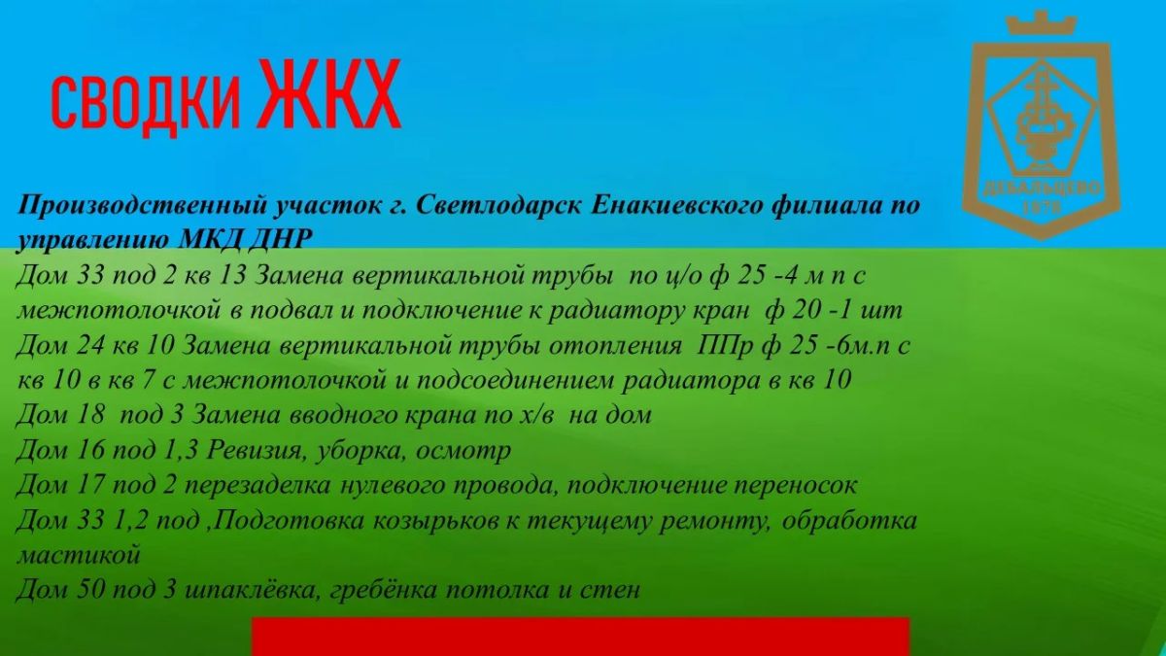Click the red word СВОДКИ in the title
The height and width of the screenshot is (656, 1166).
146,102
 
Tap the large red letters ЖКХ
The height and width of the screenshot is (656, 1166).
328,93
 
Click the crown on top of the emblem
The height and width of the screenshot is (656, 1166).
1041,24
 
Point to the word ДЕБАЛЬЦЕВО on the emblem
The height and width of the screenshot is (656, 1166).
1042,190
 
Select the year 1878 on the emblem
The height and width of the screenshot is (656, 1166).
1042,208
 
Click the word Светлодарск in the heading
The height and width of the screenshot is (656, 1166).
499,205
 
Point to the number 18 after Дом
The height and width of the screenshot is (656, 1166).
91,416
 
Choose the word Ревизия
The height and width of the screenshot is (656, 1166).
255,451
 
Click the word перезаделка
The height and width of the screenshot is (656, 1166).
257,486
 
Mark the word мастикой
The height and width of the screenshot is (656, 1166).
79,555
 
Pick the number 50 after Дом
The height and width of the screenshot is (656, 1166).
91,590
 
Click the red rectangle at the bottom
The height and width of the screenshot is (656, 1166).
580,637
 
